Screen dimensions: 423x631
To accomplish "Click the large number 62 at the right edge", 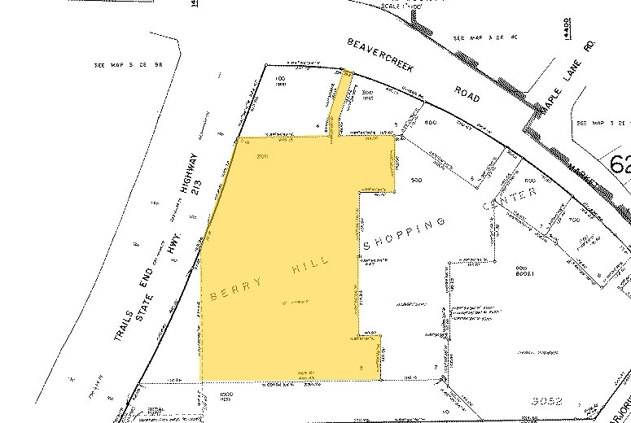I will click(x=618, y=164).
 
